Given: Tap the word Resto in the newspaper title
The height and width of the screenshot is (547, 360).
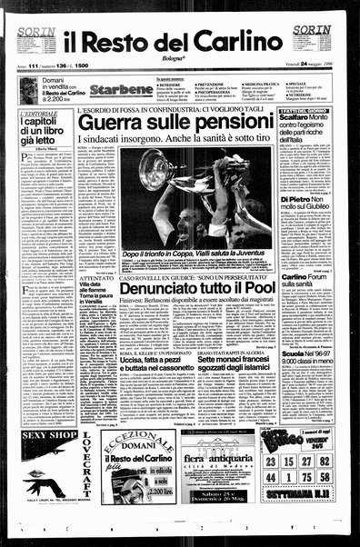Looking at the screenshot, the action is coord(145,42).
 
